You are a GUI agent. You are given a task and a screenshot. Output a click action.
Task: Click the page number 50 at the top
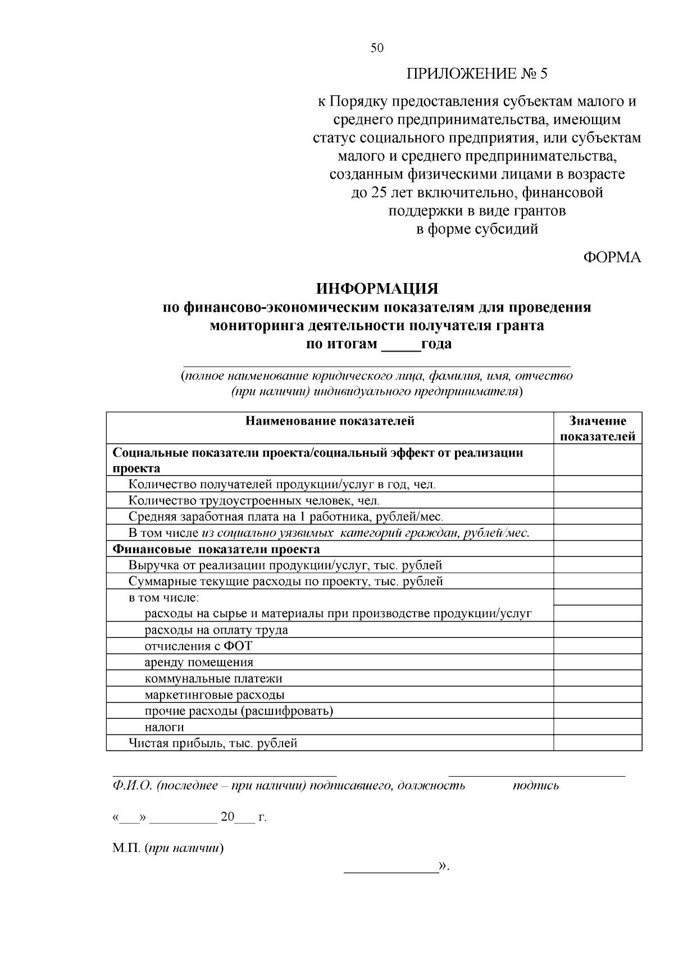tap(377, 48)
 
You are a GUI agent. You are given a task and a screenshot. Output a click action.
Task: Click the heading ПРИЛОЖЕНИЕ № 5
tap(476, 74)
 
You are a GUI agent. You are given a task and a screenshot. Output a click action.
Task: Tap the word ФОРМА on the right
tap(612, 257)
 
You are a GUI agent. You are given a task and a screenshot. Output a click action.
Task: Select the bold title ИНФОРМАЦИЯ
tap(377, 289)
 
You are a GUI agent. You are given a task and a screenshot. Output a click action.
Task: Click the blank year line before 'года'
tap(400, 344)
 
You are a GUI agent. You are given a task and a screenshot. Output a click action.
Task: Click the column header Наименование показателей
tap(330, 421)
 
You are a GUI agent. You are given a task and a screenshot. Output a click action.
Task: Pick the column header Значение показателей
tap(598, 429)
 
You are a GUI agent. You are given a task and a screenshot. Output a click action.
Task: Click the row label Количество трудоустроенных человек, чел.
tap(254, 500)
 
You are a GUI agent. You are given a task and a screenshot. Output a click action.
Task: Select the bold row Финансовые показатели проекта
tap(216, 549)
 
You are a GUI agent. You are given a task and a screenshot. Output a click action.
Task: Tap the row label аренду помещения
tap(199, 663)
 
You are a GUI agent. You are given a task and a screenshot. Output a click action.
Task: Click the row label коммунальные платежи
tap(213, 679)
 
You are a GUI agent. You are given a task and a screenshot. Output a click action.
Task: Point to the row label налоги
tap(165, 728)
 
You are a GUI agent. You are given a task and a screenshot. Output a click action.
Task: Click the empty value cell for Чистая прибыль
tap(598, 744)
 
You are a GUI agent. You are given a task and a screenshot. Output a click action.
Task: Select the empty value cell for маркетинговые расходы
tap(598, 695)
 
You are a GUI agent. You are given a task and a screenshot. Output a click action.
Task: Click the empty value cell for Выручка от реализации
tap(598, 566)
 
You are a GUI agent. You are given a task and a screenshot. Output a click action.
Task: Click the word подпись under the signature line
tap(536, 786)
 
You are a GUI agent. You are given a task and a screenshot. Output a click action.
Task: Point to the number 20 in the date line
tap(227, 817)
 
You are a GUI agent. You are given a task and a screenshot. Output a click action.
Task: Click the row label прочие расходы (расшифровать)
tap(239, 712)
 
